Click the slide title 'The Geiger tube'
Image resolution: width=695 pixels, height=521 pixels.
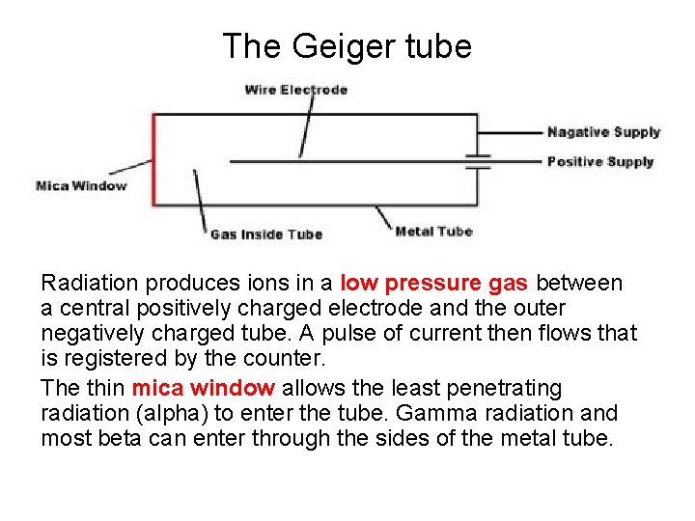(347, 45)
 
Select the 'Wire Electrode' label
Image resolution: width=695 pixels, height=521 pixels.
(295, 90)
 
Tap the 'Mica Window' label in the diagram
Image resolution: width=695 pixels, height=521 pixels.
(81, 185)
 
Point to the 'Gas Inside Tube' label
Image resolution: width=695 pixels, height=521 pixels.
(265, 233)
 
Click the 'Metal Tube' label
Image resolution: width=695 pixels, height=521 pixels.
(433, 231)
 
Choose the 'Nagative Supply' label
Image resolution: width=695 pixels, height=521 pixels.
(603, 132)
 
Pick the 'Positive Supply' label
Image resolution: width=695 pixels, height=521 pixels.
(600, 161)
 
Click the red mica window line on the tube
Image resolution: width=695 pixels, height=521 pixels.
(153, 159)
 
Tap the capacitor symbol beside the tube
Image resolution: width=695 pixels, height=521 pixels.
(478, 161)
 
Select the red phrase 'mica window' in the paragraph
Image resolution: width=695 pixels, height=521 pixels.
(204, 388)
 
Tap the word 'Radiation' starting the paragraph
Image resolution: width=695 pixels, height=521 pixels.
(88, 284)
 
